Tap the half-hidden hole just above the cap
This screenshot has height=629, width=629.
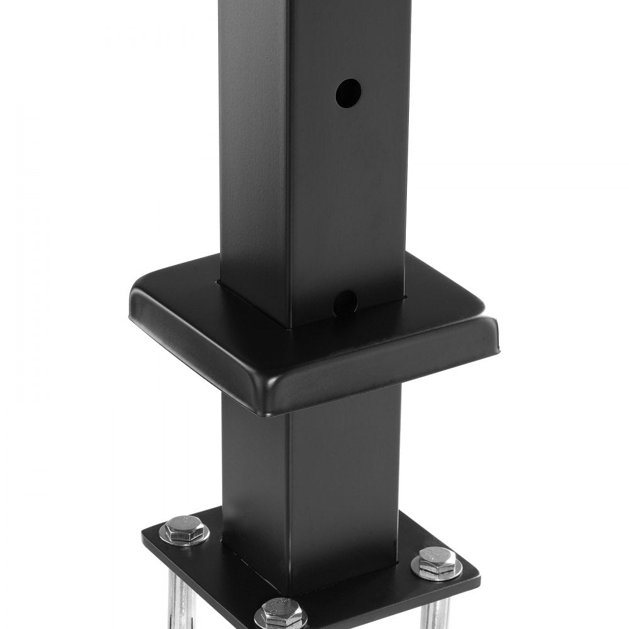click(x=345, y=302)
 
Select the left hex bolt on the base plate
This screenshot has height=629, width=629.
click(x=184, y=532)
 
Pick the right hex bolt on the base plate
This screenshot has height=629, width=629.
click(x=436, y=565)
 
